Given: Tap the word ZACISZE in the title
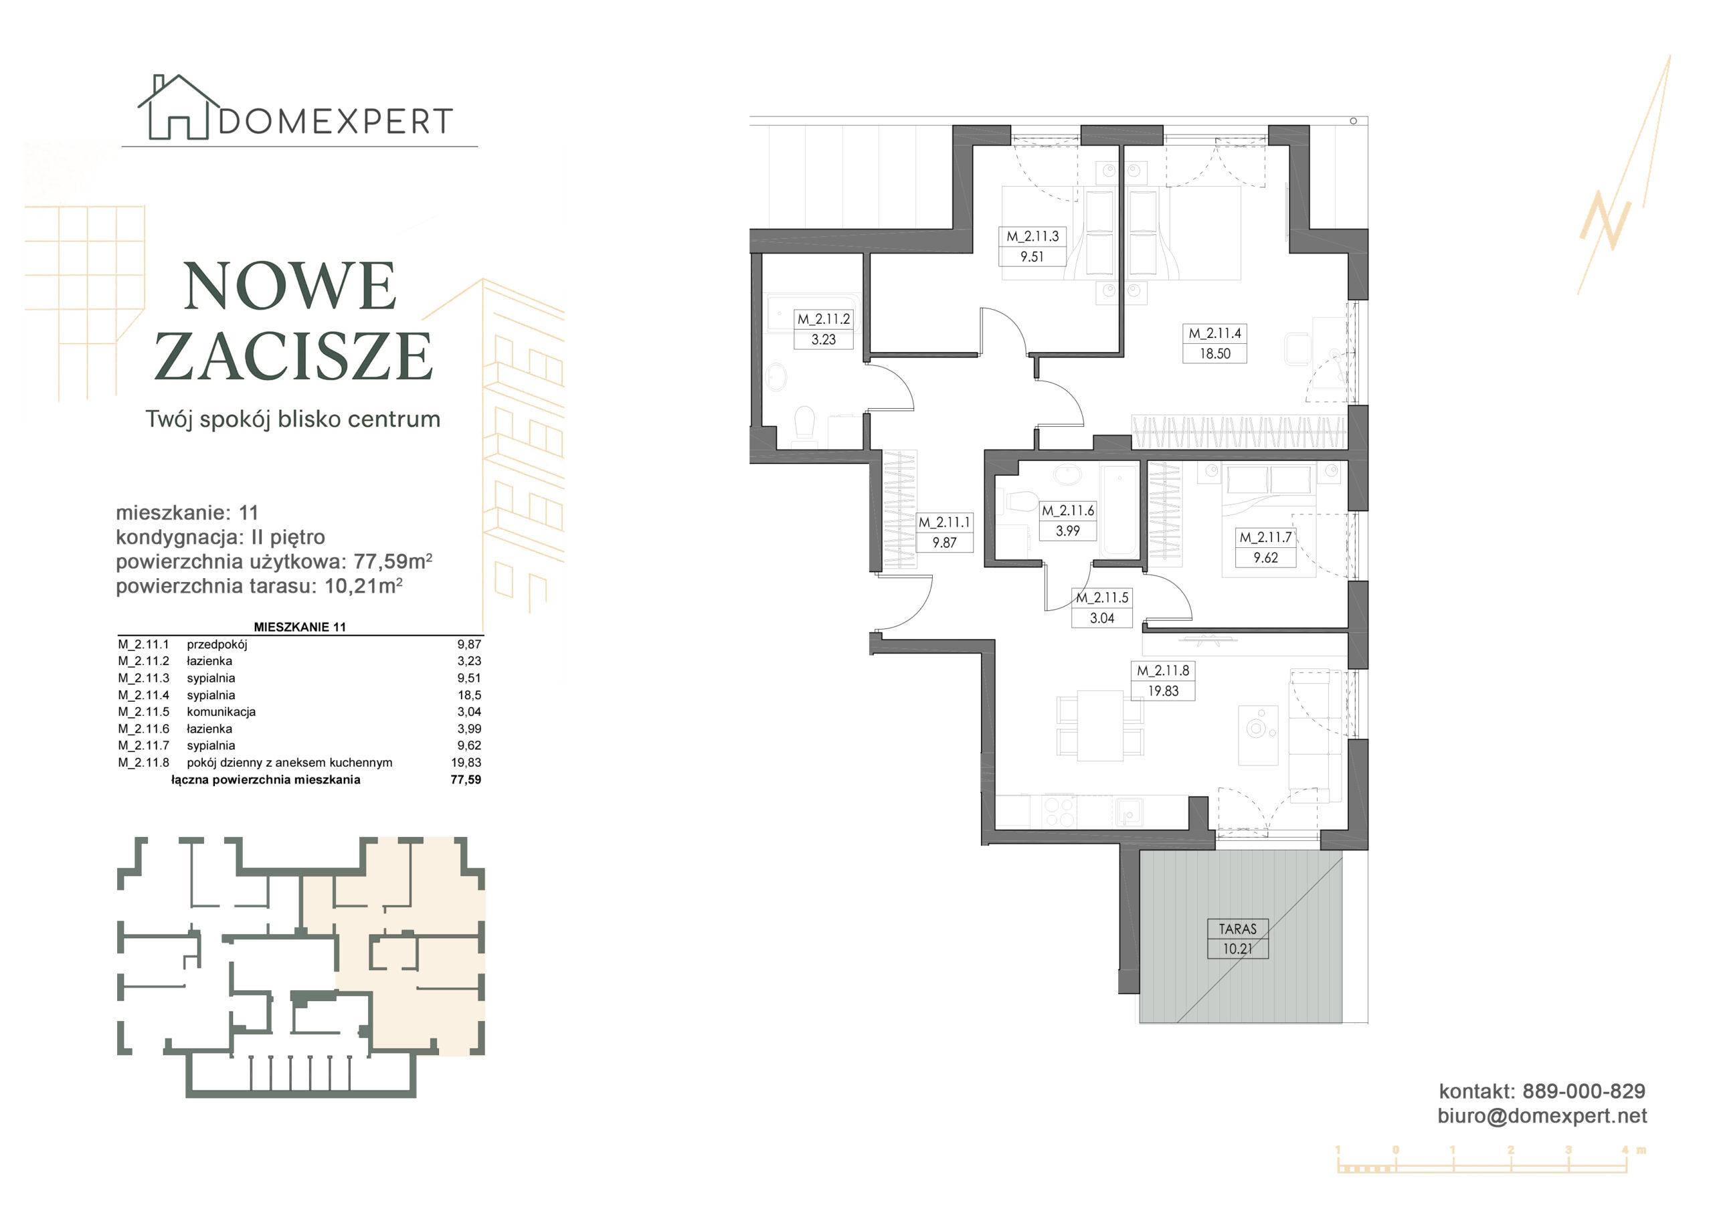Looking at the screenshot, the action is (x=293, y=357).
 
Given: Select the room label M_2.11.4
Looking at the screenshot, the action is (x=1214, y=334).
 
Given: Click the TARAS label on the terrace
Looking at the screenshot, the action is (x=1238, y=929).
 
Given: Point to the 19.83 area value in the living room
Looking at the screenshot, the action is (x=1163, y=691).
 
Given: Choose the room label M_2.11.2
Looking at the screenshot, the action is (x=824, y=319).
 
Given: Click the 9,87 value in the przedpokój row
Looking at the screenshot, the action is (x=469, y=644).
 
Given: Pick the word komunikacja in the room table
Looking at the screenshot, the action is (x=221, y=712).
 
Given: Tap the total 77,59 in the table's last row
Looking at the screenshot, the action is (x=466, y=779).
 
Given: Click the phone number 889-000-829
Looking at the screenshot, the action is (x=1584, y=1092).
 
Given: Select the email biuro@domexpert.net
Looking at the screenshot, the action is (x=1542, y=1115).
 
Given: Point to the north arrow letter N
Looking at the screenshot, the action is (x=1605, y=220).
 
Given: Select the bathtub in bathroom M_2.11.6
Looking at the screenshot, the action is (x=1119, y=511).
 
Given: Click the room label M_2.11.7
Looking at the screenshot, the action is (x=1265, y=537).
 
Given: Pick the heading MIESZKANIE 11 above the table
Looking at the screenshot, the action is (x=300, y=627).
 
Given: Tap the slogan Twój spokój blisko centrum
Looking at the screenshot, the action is (x=293, y=420).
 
